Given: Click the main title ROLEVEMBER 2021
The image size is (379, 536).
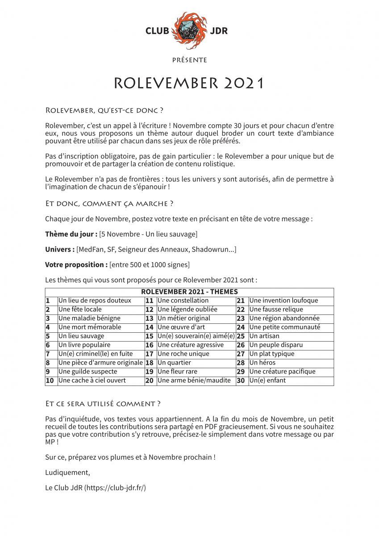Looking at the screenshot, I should pyautogui.click(x=189, y=83).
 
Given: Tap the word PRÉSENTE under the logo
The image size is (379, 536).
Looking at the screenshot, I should pyautogui.click(x=189, y=60).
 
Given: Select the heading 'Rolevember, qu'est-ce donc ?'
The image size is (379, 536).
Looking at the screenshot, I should pyautogui.click(x=104, y=110).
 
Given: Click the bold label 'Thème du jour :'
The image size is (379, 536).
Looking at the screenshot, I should pyautogui.click(x=71, y=234).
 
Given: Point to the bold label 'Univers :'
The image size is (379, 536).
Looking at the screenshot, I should pyautogui.click(x=60, y=249).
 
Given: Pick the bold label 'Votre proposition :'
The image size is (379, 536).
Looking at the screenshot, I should pyautogui.click(x=76, y=264).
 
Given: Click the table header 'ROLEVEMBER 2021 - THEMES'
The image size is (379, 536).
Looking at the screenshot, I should pyautogui.click(x=189, y=292).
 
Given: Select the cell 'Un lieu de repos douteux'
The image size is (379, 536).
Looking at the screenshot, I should pyautogui.click(x=95, y=301).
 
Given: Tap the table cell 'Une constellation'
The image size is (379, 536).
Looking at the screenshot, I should pyautogui.click(x=183, y=301).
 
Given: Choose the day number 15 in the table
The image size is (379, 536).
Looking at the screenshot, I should pyautogui.click(x=150, y=336).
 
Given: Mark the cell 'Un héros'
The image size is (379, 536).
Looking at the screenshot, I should pyautogui.click(x=262, y=363).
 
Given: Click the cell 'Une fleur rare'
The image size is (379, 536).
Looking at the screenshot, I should pyautogui.click(x=177, y=372).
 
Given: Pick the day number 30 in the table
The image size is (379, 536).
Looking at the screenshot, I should pyautogui.click(x=241, y=381).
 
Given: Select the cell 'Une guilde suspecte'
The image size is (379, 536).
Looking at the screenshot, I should pyautogui.click(x=87, y=372).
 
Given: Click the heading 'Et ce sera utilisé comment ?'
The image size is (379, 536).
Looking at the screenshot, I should pyautogui.click(x=103, y=404).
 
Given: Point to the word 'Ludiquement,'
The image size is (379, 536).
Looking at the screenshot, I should pyautogui.click(x=67, y=473).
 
